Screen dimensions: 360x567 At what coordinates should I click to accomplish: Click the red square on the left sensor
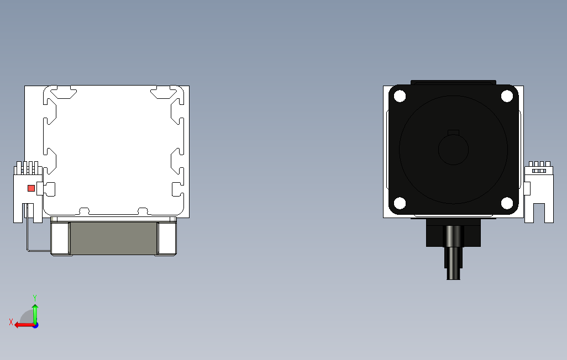[x=32, y=188]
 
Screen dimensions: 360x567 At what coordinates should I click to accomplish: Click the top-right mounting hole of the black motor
[x=507, y=96]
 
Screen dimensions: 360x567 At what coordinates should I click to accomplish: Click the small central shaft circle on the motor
[x=453, y=150]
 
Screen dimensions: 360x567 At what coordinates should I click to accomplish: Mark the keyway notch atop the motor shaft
[x=453, y=132]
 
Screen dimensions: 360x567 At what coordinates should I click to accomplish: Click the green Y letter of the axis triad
[x=35, y=298]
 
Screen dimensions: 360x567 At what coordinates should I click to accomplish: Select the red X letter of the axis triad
[x=11, y=322]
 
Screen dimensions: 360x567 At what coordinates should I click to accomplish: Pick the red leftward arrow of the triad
[x=22, y=325]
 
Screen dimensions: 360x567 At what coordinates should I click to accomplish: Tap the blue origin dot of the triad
[x=35, y=325]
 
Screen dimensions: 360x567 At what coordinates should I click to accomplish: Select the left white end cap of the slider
[x=61, y=239]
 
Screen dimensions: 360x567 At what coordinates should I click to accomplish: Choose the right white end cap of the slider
[x=166, y=239]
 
